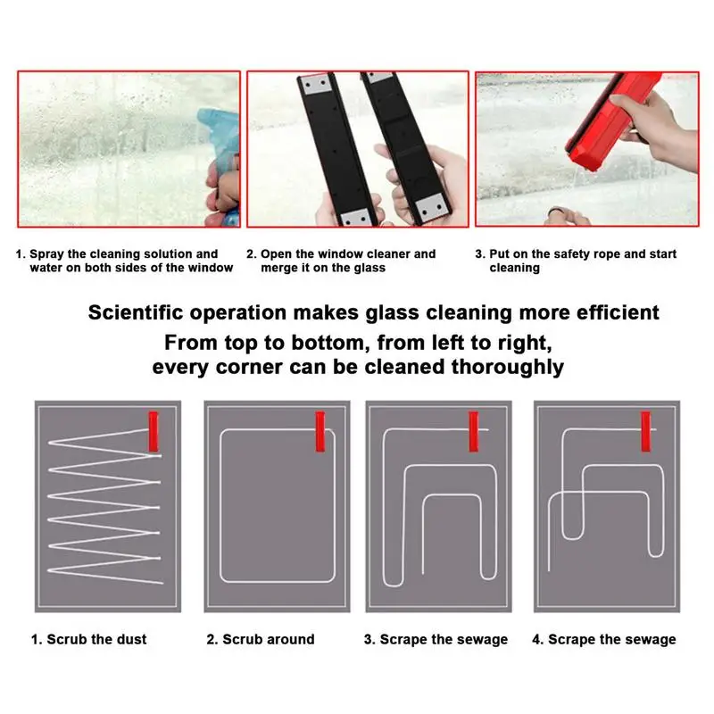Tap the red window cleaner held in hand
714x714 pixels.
point(612,120)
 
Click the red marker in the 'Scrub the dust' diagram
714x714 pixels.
point(154,431)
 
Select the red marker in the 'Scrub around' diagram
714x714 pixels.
point(320,431)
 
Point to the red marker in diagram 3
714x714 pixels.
point(474,431)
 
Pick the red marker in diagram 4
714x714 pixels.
point(645,431)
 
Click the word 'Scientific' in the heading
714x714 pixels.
point(136,312)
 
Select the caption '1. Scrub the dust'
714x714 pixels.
point(88,639)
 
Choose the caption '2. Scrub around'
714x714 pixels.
point(261,639)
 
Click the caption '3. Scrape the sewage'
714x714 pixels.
point(436,640)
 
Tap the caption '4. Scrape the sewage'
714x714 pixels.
point(604,640)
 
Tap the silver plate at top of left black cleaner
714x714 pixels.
point(315,84)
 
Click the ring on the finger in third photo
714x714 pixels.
point(556,213)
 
